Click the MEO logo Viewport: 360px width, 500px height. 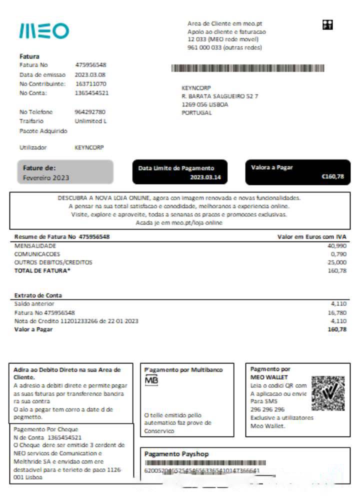click(x=44, y=31)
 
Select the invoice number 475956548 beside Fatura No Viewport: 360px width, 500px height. click(x=90, y=65)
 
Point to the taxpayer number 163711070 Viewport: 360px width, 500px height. click(x=90, y=83)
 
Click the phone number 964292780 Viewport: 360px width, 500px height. click(x=89, y=112)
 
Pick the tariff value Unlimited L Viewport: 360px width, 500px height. click(x=90, y=121)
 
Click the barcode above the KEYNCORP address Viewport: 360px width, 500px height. click(x=247, y=68)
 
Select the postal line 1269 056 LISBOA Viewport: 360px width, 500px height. click(x=204, y=104)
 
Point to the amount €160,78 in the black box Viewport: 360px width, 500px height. click(x=332, y=176)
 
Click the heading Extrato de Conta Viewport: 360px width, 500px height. click(x=38, y=295)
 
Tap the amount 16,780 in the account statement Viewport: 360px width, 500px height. click(x=336, y=312)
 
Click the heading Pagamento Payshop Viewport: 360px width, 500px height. click(x=169, y=454)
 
